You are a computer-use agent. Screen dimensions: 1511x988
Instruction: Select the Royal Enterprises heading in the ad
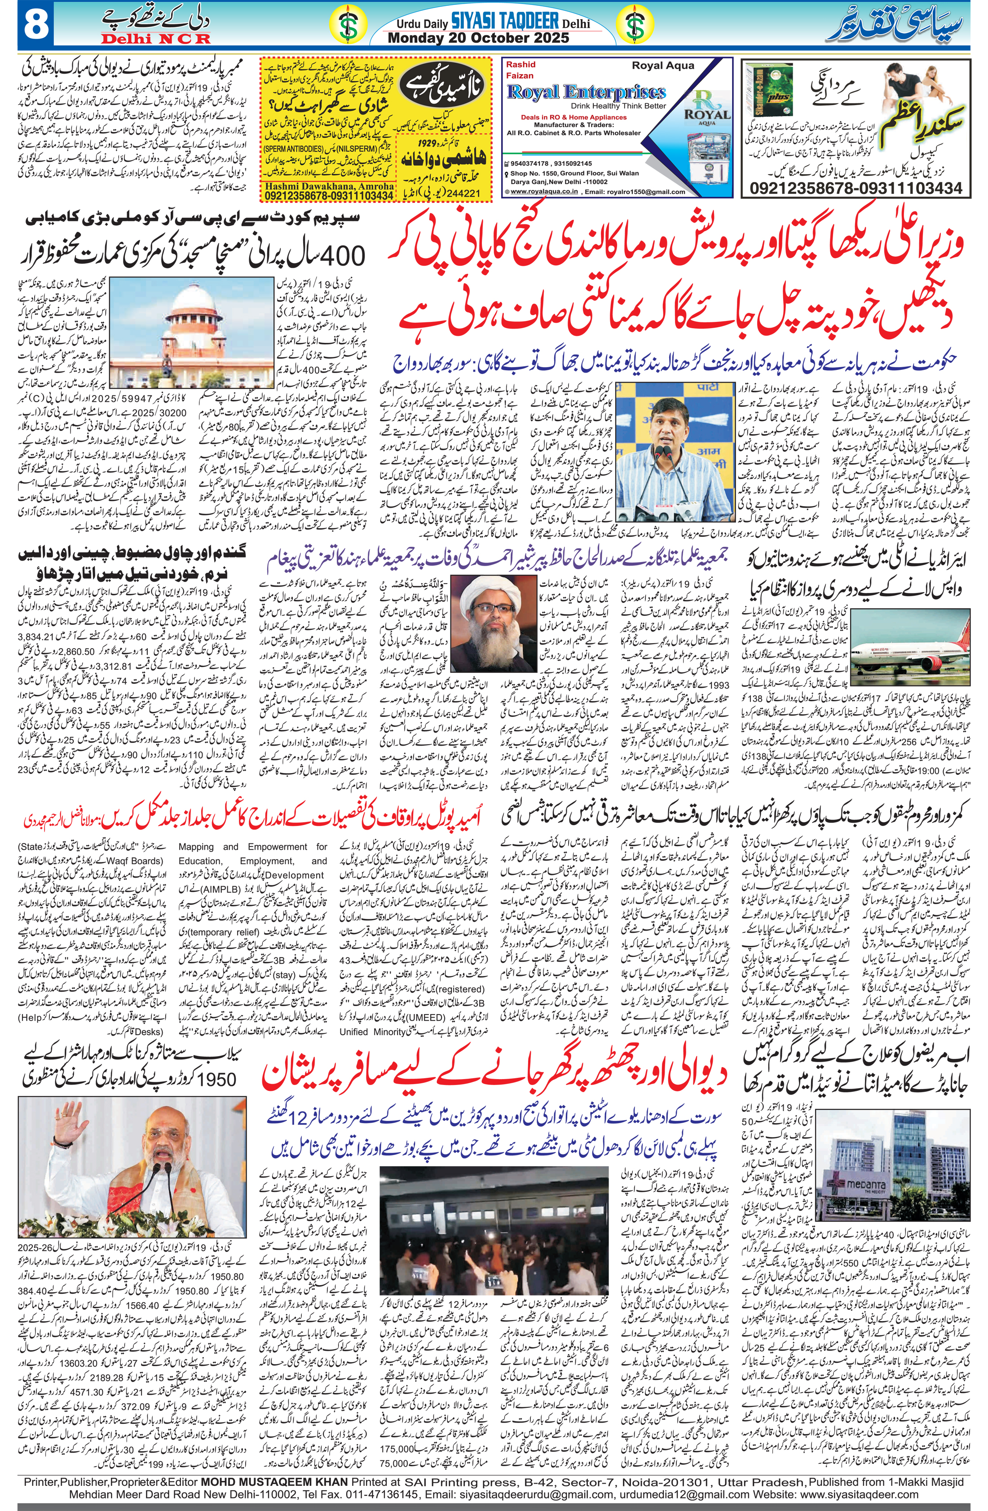point(586,92)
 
